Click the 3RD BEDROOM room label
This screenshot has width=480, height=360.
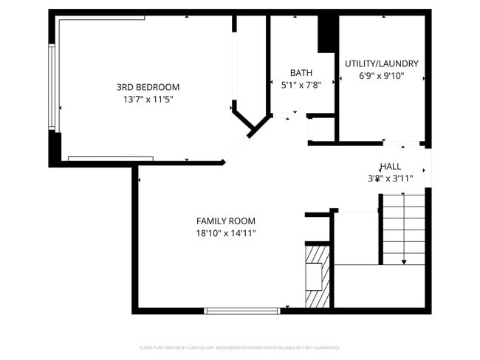tap(148, 86)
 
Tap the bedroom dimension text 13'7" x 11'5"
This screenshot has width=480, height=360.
tap(148, 99)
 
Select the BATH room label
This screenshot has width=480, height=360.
tap(301, 72)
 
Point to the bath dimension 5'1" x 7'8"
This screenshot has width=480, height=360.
tap(301, 85)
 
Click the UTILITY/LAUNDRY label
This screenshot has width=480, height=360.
tap(381, 63)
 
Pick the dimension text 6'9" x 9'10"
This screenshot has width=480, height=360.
tap(381, 75)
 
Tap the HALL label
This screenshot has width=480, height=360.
tap(391, 166)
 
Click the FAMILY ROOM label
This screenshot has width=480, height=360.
tap(225, 221)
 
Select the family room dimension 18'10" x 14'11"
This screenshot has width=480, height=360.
tap(225, 233)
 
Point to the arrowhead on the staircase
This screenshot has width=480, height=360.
tap(404, 261)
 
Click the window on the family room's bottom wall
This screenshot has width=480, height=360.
tap(241, 311)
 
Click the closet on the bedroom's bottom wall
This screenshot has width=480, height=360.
tap(110, 158)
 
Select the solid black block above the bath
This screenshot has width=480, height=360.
tap(326, 34)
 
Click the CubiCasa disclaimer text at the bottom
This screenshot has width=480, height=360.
tap(239, 347)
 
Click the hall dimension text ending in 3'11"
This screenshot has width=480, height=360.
tap(391, 178)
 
